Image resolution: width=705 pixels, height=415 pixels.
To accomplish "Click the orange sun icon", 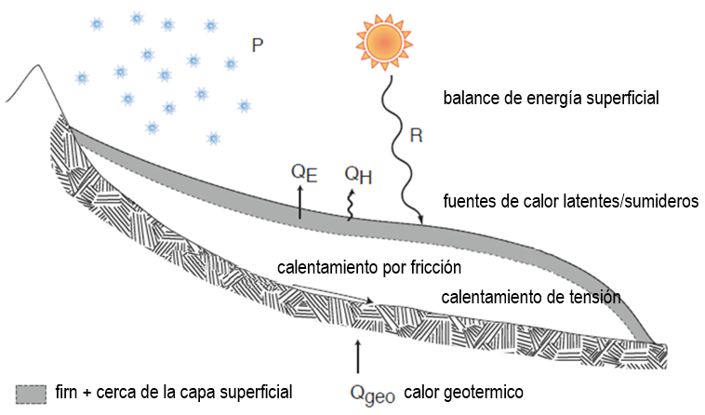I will tap(382, 42).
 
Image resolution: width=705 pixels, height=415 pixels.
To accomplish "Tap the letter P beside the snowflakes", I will tap(258, 45).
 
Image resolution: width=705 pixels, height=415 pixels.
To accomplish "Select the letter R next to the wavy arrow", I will tap(416, 136).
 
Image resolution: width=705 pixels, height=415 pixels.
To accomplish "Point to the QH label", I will tap(356, 174).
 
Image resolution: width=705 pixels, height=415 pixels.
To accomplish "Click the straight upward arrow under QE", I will tap(299, 201).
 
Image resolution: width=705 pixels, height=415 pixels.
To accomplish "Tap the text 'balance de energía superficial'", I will tap(551, 98).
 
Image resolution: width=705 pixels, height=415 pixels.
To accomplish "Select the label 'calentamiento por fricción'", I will tap(369, 268).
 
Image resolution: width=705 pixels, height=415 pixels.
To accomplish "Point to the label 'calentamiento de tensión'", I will tap(530, 297).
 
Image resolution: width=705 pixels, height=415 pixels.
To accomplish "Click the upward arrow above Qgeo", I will tap(357, 357).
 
